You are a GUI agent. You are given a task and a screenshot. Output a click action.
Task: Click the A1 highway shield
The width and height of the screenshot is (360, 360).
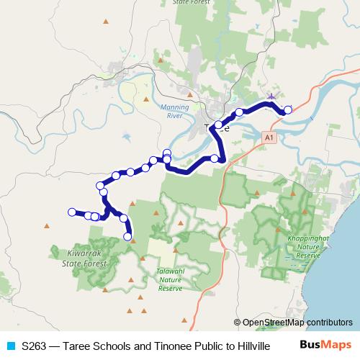[268, 135]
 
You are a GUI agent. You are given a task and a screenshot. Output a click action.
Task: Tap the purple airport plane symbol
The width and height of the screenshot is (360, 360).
[271, 96]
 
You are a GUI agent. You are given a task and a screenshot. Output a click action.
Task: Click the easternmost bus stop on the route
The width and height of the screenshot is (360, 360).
[288, 109]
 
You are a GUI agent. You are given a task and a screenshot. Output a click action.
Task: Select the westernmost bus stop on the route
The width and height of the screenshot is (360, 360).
[71, 211]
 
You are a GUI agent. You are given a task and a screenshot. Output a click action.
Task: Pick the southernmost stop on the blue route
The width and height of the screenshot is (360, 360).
[128, 236]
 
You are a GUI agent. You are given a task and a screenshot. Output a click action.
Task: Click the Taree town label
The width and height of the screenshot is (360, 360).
[217, 127]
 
